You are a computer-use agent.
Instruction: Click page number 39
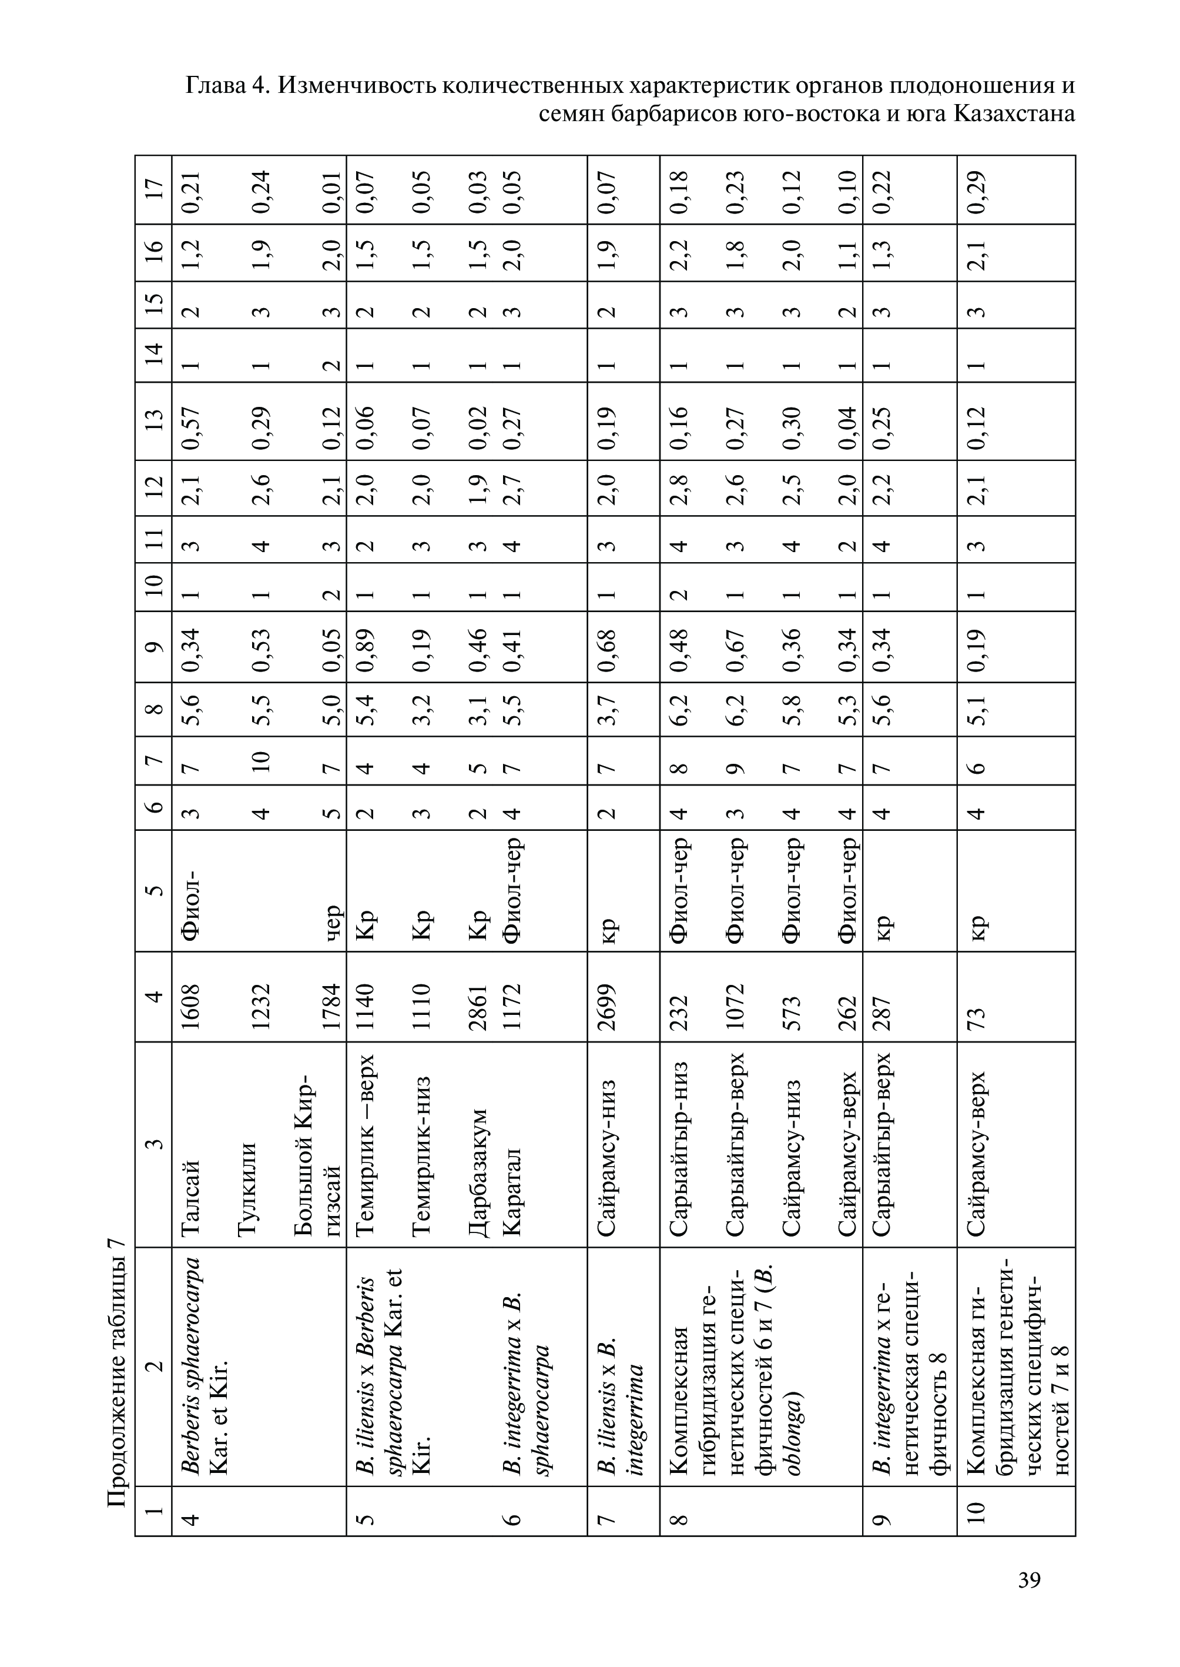[x=1030, y=1580]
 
